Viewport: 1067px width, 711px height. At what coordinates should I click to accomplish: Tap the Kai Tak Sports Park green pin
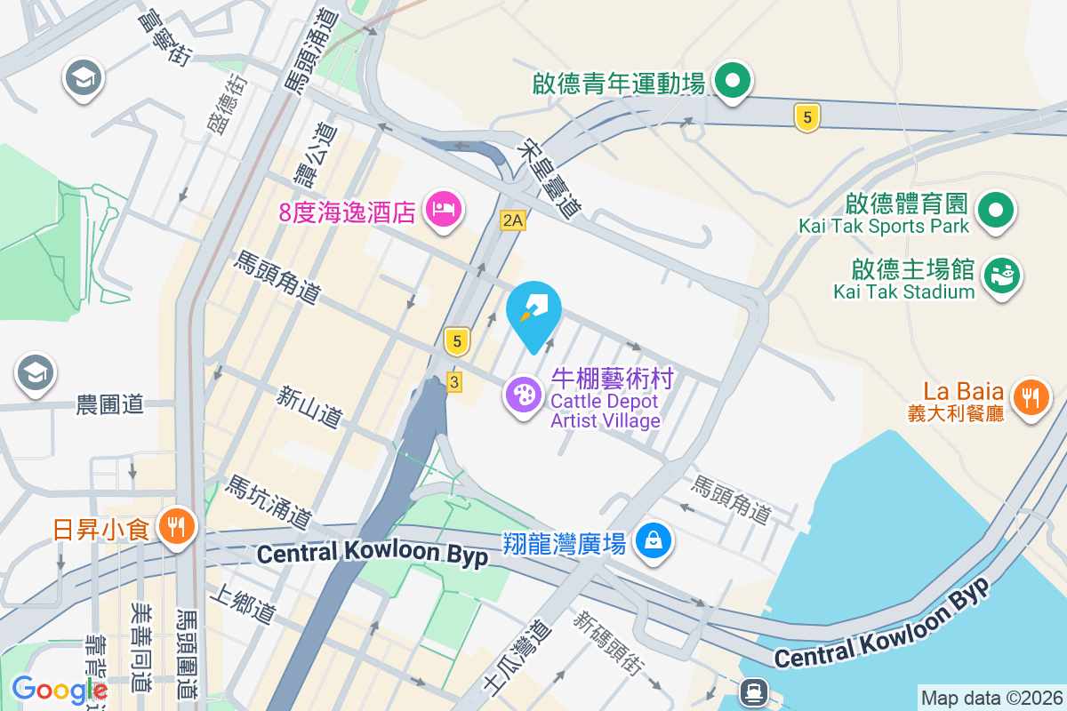[x=996, y=212]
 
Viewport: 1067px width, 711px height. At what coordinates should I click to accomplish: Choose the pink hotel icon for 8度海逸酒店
[x=443, y=211]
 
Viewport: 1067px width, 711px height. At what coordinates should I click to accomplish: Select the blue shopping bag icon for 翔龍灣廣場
[x=654, y=540]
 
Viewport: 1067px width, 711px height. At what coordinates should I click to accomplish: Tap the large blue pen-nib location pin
[x=533, y=311]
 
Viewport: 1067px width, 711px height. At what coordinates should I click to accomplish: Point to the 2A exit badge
[x=512, y=220]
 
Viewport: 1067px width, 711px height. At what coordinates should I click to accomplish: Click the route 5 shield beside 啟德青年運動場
[x=806, y=117]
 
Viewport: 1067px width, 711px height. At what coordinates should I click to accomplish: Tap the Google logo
[x=59, y=689]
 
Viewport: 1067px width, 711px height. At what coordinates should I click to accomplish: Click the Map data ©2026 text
[x=991, y=698]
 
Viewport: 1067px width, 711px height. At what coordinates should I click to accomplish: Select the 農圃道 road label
[x=109, y=405]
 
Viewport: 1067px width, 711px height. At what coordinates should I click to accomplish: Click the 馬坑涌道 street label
[x=269, y=501]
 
